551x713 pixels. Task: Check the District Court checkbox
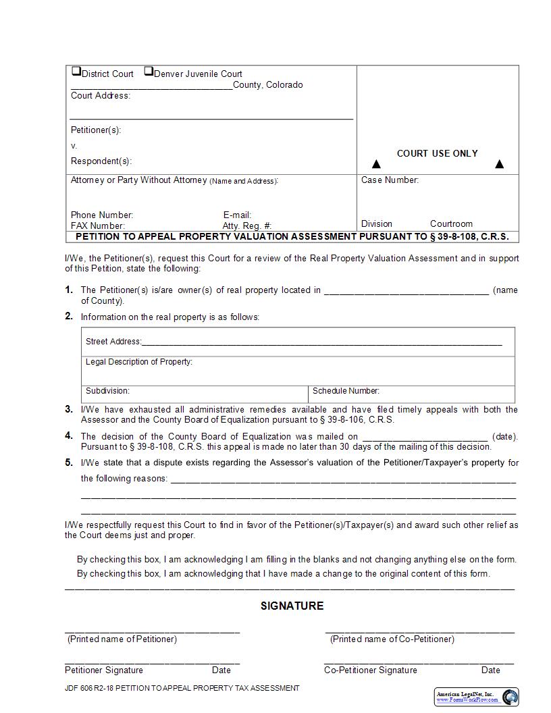click(x=76, y=72)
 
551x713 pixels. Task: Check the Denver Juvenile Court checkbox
click(x=149, y=72)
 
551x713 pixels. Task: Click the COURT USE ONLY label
click(x=437, y=153)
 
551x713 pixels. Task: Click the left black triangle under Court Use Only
click(x=377, y=164)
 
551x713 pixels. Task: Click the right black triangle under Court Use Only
click(x=500, y=164)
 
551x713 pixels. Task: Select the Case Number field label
click(x=390, y=180)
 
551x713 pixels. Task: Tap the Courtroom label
click(x=451, y=223)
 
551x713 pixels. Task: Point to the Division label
click(x=376, y=223)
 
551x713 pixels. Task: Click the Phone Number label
click(x=102, y=215)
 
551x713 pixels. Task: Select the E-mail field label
click(x=237, y=215)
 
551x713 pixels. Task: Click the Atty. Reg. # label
click(x=247, y=226)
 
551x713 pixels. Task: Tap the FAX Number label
click(x=98, y=226)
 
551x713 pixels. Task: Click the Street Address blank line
click(x=321, y=344)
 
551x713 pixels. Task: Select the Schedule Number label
click(x=346, y=391)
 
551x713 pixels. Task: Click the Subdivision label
click(x=107, y=391)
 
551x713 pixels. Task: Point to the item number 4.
click(x=69, y=435)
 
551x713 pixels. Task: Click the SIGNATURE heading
click(x=292, y=606)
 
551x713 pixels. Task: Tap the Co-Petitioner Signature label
click(x=370, y=670)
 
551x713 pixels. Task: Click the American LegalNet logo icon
click(x=510, y=697)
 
